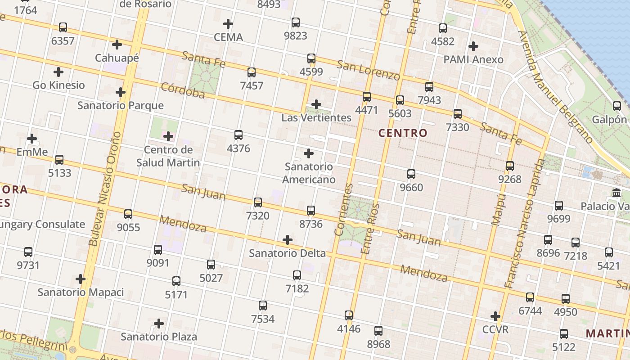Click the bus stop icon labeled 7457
(x=252, y=72)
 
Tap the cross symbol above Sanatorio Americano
(x=309, y=154)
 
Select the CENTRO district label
(x=402, y=133)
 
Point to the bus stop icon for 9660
(x=411, y=174)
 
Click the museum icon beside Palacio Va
(x=616, y=193)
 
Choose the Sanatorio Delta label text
(x=287, y=253)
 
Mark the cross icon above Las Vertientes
(x=316, y=105)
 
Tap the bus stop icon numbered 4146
(x=349, y=315)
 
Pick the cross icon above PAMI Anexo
(x=473, y=46)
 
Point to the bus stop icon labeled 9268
(x=510, y=166)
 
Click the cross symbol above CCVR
(x=495, y=316)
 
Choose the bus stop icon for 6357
(x=63, y=27)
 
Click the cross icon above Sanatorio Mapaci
(x=81, y=279)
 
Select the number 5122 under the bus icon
(x=563, y=347)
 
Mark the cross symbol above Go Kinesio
(x=58, y=72)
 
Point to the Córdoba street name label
(x=182, y=90)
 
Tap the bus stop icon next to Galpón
(x=617, y=106)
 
